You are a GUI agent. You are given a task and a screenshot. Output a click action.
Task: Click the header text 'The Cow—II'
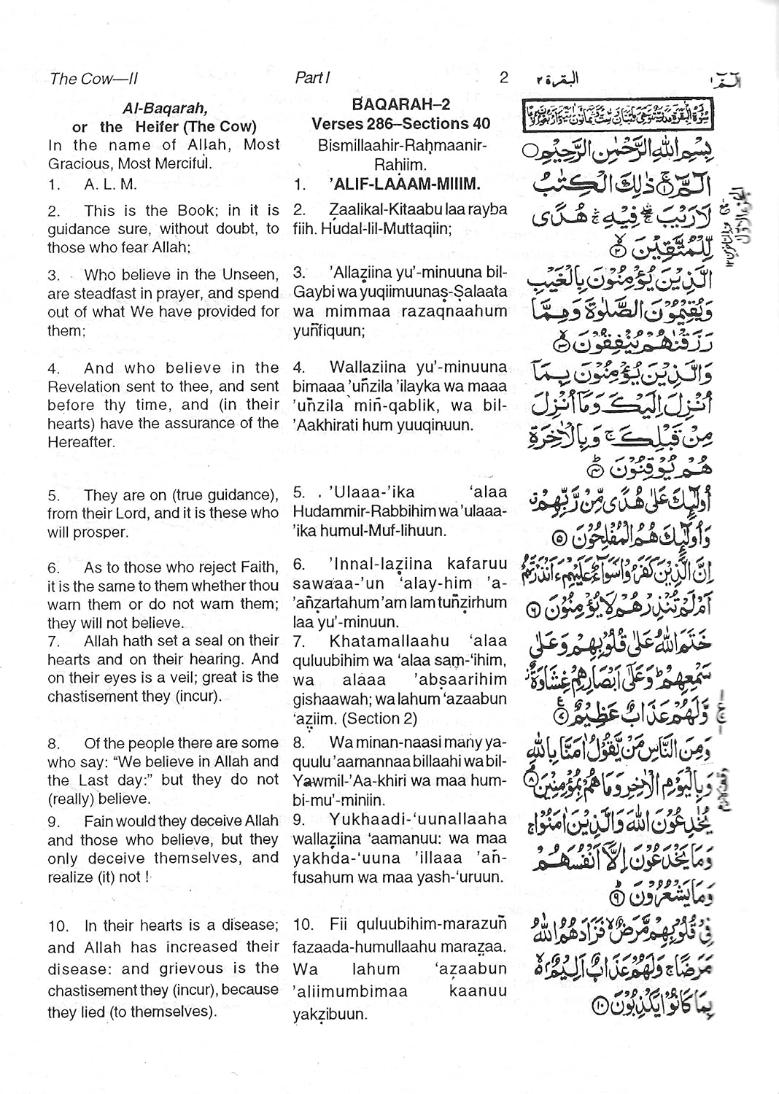pyautogui.click(x=93, y=79)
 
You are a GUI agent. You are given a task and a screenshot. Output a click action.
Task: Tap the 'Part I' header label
pyautogui.click(x=313, y=78)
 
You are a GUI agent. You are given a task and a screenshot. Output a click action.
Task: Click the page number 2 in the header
pyautogui.click(x=503, y=77)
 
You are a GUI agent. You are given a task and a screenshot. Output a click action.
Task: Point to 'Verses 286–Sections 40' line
pyautogui.click(x=401, y=124)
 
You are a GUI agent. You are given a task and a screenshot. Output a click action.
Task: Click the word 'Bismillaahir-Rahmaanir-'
pyautogui.click(x=402, y=145)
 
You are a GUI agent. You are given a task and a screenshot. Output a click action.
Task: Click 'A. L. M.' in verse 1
pyautogui.click(x=110, y=185)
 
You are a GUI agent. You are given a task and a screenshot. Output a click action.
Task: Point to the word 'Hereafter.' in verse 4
pyautogui.click(x=81, y=442)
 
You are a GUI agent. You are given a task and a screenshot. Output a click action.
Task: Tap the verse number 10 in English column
pyautogui.click(x=58, y=926)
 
